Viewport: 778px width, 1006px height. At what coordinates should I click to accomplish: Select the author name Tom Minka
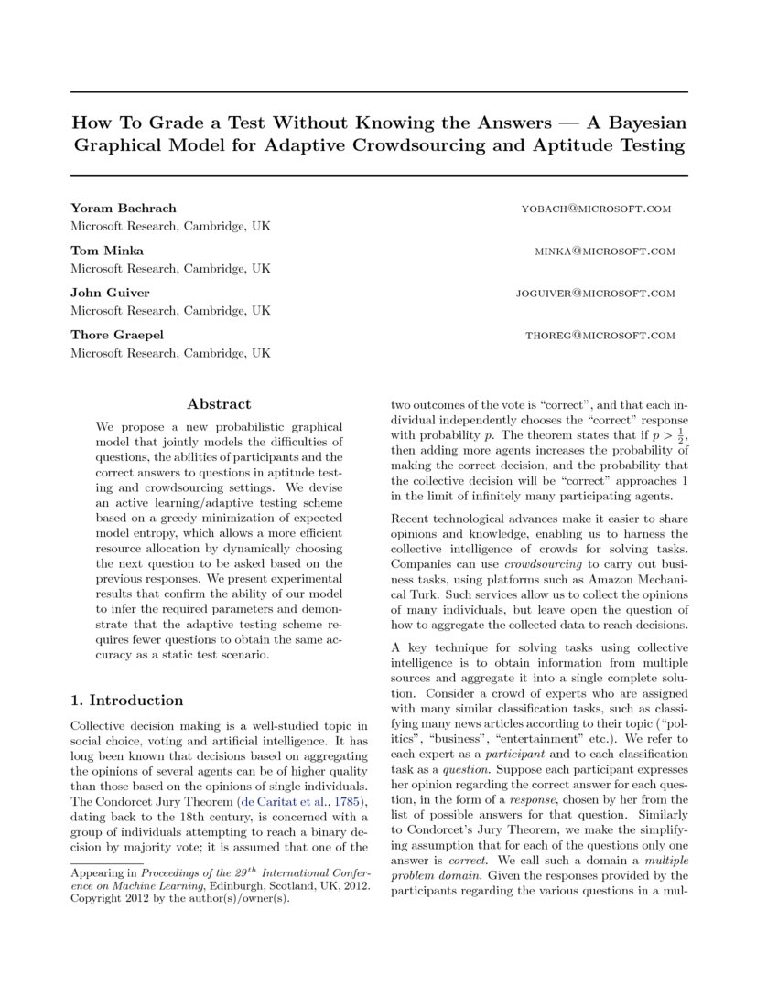[107, 251]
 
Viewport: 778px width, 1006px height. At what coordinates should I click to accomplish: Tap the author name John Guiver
[110, 293]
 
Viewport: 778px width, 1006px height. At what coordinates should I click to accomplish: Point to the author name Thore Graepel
[117, 335]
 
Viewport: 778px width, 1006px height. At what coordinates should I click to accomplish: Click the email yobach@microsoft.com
[596, 209]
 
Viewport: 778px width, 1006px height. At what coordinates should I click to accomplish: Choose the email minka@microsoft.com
[605, 251]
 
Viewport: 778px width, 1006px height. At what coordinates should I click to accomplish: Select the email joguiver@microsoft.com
[596, 294]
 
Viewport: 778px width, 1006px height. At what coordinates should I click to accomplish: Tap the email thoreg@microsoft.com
[600, 336]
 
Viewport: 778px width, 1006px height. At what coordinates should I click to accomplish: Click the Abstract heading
[219, 403]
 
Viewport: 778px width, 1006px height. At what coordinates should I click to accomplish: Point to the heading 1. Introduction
[127, 700]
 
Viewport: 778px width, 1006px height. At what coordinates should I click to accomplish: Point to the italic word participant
[510, 754]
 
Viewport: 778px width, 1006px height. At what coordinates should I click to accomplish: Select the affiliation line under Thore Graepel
[170, 352]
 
